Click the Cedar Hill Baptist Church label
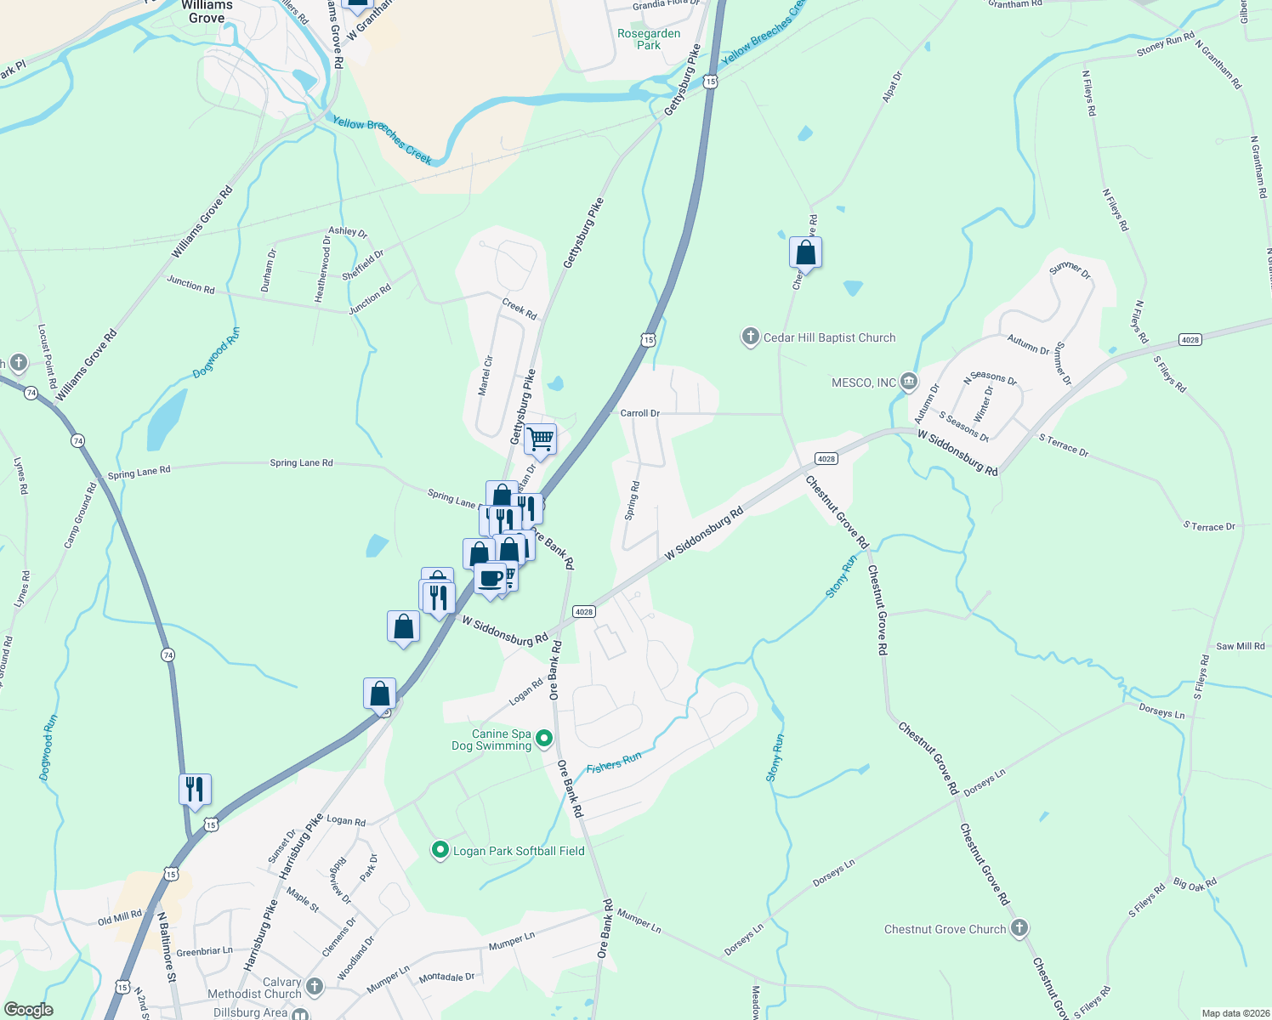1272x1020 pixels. tap(829, 337)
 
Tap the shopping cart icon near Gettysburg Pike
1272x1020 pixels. tap(540, 440)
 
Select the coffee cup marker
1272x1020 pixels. tap(490, 579)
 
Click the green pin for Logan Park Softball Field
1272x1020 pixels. tap(440, 850)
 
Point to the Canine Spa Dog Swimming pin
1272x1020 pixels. tap(545, 739)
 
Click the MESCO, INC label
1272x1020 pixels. tap(864, 382)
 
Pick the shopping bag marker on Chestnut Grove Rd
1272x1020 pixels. tap(805, 253)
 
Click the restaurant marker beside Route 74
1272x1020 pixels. tap(195, 790)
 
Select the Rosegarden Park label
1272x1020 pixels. tap(649, 39)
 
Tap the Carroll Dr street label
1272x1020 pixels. tap(639, 413)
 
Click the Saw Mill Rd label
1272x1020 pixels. tap(1241, 646)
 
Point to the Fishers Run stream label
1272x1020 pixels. tap(613, 762)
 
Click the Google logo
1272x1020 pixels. tap(29, 1010)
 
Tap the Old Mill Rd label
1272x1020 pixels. tap(119, 918)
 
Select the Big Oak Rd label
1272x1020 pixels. tap(1195, 884)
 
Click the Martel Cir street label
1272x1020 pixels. tap(486, 375)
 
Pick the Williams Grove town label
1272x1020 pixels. tap(207, 12)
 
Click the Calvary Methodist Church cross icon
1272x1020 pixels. tap(315, 986)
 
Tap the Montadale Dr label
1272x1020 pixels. tap(446, 978)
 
